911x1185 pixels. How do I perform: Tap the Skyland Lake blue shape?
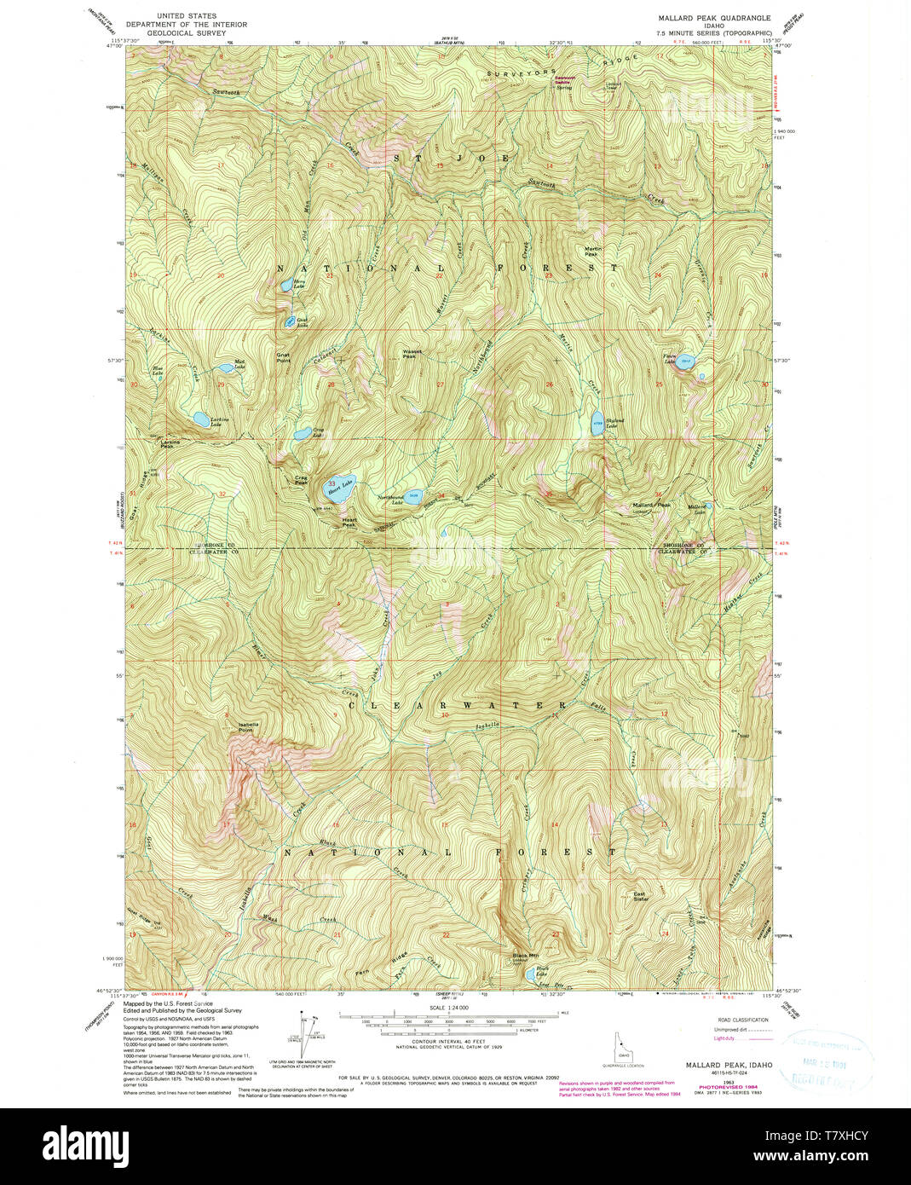(x=597, y=423)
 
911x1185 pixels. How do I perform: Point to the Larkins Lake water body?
(x=199, y=419)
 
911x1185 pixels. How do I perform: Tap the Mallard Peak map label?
(x=651, y=506)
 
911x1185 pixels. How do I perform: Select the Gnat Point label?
(x=283, y=358)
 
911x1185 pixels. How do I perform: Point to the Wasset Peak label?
(x=412, y=353)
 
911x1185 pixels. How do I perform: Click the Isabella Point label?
(x=247, y=727)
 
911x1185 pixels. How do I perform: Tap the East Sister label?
(x=640, y=897)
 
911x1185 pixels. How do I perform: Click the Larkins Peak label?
(x=168, y=443)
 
